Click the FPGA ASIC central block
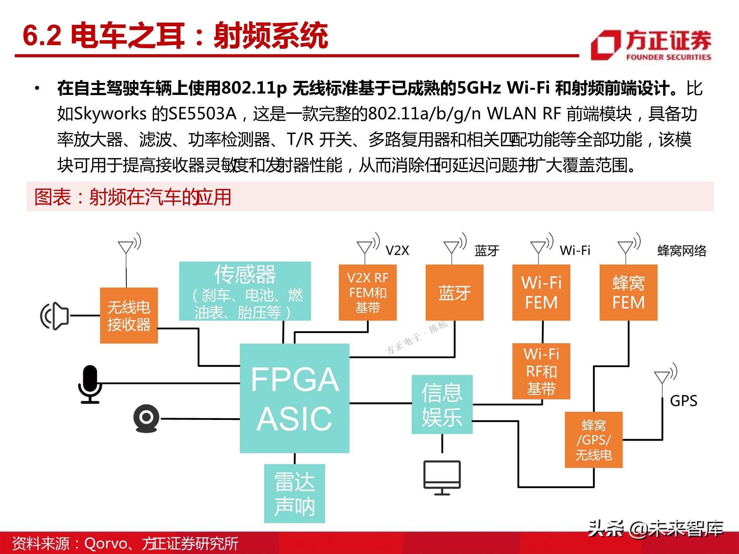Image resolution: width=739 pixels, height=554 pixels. pyautogui.click(x=294, y=398)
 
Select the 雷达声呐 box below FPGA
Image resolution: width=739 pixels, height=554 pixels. pyautogui.click(x=294, y=493)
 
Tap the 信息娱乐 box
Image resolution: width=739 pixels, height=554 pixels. pyautogui.click(x=442, y=404)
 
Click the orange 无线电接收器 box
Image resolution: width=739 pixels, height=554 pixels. pyautogui.click(x=129, y=315)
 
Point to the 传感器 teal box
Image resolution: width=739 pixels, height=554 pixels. pyautogui.click(x=245, y=291)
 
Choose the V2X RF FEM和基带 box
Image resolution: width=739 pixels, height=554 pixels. pyautogui.click(x=368, y=293)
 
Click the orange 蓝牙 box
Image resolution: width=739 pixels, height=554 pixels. pyautogui.click(x=454, y=293)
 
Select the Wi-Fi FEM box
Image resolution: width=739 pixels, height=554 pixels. pyautogui.click(x=541, y=293)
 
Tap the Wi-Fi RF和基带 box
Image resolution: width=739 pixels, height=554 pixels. pyautogui.click(x=541, y=371)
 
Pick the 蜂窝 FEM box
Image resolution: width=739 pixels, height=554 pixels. pyautogui.click(x=629, y=293)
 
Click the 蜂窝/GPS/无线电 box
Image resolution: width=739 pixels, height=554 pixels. pyautogui.click(x=594, y=440)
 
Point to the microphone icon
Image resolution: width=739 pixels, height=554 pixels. pyautogui.click(x=90, y=384)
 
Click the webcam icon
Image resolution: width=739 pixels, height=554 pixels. pyautogui.click(x=146, y=418)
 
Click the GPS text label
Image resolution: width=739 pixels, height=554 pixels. pyautogui.click(x=684, y=401)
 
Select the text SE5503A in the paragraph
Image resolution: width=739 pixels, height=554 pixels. pyautogui.click(x=202, y=114)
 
